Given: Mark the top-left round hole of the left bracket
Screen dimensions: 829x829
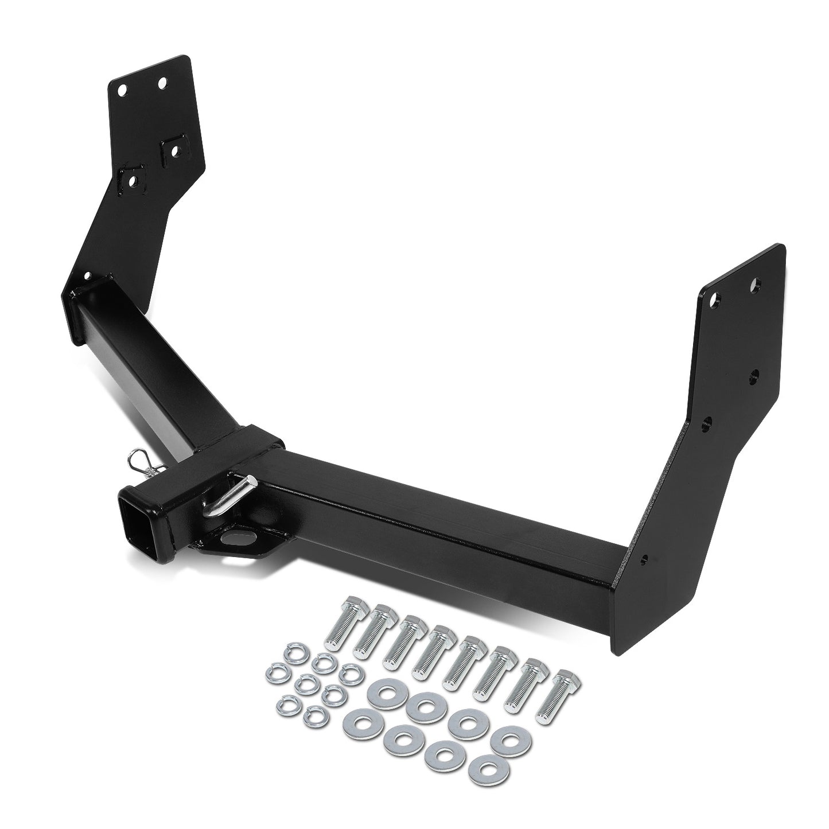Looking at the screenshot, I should pos(122,90).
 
